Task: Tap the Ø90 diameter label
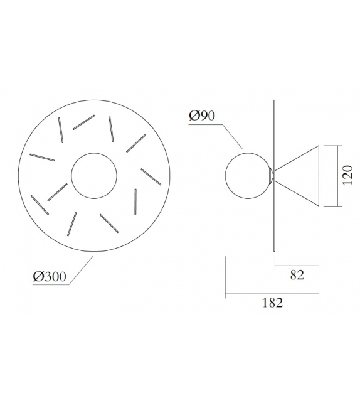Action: (203, 117)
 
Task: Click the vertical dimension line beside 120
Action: (339, 176)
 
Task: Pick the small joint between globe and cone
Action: (272, 175)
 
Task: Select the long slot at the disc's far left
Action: (40, 156)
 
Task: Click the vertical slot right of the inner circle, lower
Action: (135, 200)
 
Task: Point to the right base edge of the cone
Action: (321, 176)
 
